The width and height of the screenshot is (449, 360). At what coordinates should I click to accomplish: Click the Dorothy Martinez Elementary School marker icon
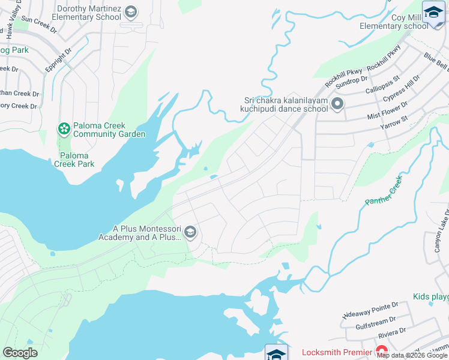(131, 11)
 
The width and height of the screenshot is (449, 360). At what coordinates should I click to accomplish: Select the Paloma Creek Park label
(74, 159)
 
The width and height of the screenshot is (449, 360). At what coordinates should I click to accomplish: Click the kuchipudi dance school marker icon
(337, 105)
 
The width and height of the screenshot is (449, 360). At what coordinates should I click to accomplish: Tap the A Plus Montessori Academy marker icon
(190, 232)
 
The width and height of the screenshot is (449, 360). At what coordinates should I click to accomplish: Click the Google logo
(20, 352)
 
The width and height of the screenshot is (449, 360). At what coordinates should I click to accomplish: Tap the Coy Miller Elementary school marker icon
(433, 11)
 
